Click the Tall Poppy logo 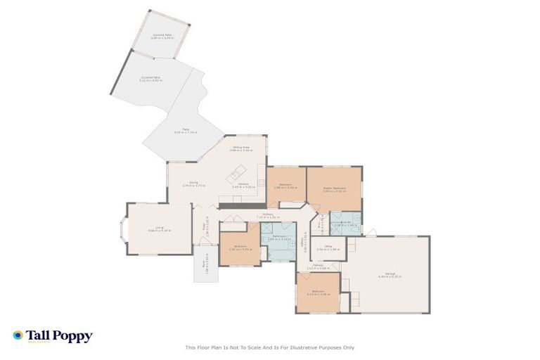53,336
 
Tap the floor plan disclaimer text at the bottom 270,347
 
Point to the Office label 324,248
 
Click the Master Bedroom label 334,189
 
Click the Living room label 156,229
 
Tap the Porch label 207,264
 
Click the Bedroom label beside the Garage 318,292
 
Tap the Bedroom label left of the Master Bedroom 285,187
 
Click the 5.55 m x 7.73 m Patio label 186,131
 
